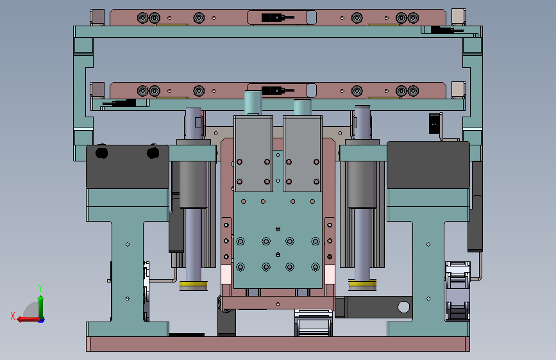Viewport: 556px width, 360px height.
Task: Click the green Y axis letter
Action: pyautogui.click(x=40, y=288)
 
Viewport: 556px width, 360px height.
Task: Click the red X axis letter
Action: pyautogui.click(x=13, y=316)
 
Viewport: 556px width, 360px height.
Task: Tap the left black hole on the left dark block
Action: pyautogui.click(x=102, y=152)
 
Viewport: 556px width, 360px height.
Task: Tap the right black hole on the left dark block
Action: pyautogui.click(x=153, y=152)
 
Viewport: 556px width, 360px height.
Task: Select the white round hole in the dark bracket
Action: pyautogui.click(x=403, y=307)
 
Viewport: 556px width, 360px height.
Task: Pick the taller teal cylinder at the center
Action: pyautogui.click(x=253, y=102)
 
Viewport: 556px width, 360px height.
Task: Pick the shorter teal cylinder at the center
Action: pyautogui.click(x=303, y=108)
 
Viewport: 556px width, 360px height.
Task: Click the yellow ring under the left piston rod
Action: pyautogui.click(x=193, y=284)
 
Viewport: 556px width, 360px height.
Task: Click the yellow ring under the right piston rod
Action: pyautogui.click(x=362, y=282)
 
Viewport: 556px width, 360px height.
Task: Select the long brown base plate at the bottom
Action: pyautogui.click(x=278, y=344)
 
